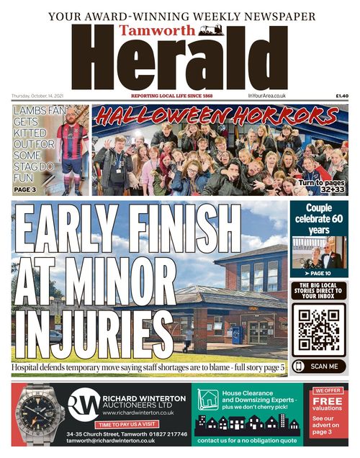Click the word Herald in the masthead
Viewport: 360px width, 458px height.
(x=180, y=61)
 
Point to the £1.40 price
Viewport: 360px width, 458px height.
(x=341, y=96)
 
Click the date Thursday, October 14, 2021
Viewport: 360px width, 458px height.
(x=42, y=96)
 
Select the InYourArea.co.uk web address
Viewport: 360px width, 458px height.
(x=267, y=96)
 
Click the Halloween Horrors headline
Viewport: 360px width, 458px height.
(x=220, y=116)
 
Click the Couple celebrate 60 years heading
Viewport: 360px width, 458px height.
(x=318, y=218)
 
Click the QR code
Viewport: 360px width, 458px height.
(x=319, y=328)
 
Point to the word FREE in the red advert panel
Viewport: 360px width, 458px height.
(x=328, y=400)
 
